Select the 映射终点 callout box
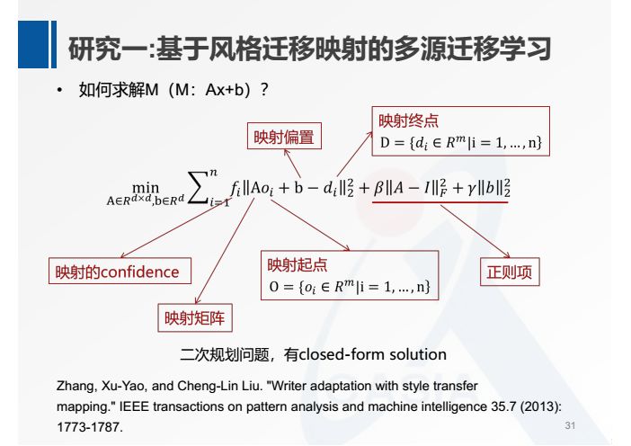coord(458,131)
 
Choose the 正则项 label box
coord(509,271)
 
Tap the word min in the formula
coord(145,184)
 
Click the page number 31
coord(568,424)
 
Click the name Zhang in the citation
coord(73,387)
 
